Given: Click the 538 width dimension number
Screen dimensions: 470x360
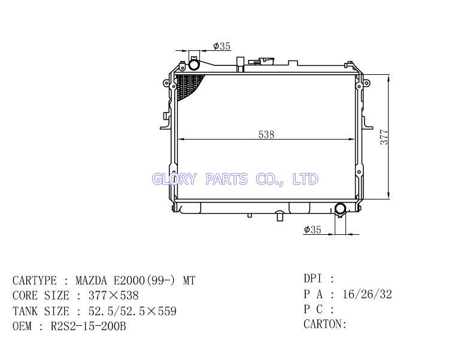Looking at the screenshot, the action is tap(266, 134).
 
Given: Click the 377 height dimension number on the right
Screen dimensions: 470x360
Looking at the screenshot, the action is tap(384, 137).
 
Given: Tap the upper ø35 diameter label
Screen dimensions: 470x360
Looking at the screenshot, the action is tap(222, 46).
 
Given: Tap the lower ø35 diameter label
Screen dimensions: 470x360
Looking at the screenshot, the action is tap(313, 230).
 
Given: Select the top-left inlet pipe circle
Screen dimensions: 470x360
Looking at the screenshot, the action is tap(194, 64).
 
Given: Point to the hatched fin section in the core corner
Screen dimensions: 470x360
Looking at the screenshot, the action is tap(189, 86).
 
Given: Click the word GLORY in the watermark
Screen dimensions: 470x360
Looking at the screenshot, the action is tap(174, 179).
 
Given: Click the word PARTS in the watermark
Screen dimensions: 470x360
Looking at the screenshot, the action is tap(226, 179).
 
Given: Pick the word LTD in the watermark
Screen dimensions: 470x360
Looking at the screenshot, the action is tap(305, 179).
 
